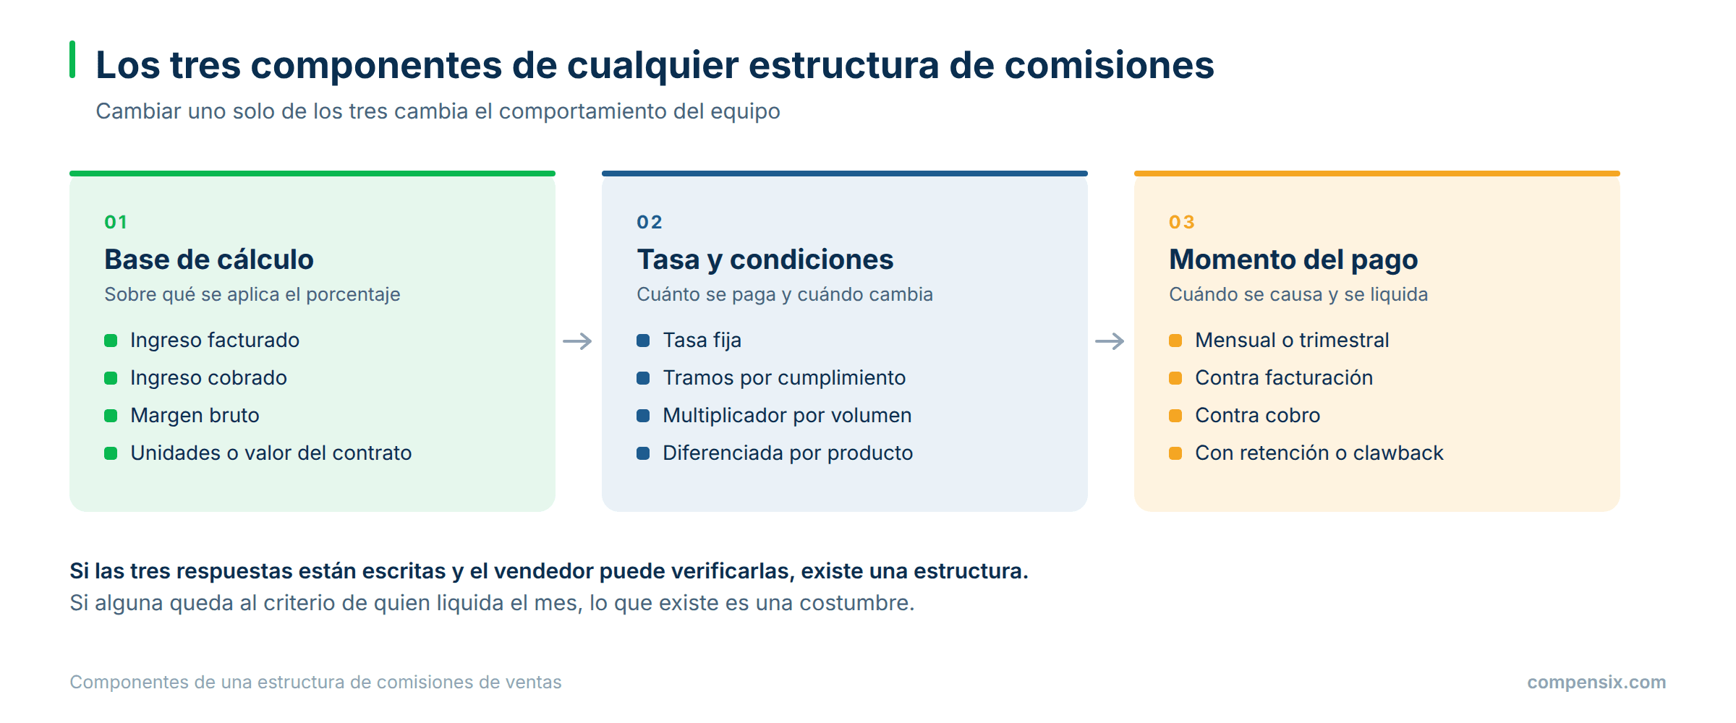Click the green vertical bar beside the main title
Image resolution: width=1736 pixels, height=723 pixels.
pyautogui.click(x=72, y=59)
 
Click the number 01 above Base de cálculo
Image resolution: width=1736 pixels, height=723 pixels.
pyautogui.click(x=116, y=222)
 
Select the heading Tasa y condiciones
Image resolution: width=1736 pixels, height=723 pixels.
pyautogui.click(x=765, y=260)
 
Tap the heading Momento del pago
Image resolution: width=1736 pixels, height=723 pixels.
pyautogui.click(x=1293, y=260)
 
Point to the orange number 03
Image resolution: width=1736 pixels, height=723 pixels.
pyautogui.click(x=1182, y=222)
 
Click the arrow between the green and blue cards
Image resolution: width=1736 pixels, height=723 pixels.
pyautogui.click(x=577, y=341)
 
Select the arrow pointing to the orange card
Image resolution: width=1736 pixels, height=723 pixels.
pyautogui.click(x=1110, y=341)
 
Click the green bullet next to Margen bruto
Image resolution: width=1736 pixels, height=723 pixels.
pyautogui.click(x=111, y=416)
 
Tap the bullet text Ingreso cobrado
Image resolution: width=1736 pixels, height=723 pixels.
pyautogui.click(x=208, y=378)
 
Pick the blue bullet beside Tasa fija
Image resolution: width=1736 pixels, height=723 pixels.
pyautogui.click(x=643, y=341)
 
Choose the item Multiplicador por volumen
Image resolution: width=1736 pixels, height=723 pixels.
pyautogui.click(x=787, y=416)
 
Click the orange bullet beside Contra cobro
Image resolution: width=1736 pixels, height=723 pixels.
pyautogui.click(x=1175, y=416)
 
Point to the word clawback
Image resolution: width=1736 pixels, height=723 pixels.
pyautogui.click(x=1398, y=453)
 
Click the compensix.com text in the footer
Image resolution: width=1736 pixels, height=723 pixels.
pyautogui.click(x=1596, y=683)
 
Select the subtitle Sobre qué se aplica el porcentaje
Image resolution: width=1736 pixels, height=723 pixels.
pyautogui.click(x=252, y=295)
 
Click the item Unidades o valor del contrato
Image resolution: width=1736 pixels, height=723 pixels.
pyautogui.click(x=271, y=453)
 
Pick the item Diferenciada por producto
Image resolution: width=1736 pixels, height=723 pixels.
pyautogui.click(x=788, y=453)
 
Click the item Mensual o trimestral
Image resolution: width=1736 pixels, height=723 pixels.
pyautogui.click(x=1292, y=341)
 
